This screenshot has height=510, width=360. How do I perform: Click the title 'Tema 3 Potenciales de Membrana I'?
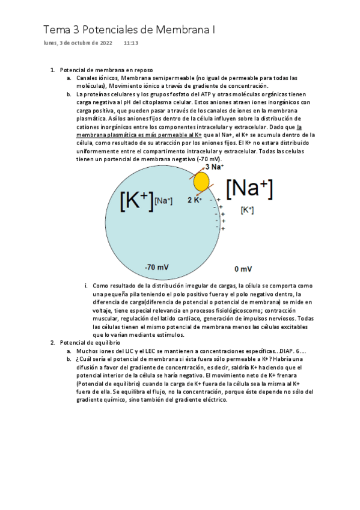pyautogui.click(x=129, y=29)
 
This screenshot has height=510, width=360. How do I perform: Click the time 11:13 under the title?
pyautogui.click(x=131, y=43)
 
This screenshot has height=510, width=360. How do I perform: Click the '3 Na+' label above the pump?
pyautogui.click(x=215, y=167)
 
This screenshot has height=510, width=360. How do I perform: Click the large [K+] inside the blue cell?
pyautogui.click(x=136, y=200)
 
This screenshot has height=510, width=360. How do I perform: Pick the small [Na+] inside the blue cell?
pyautogui.click(x=163, y=201)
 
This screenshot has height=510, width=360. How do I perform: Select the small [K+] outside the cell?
pyautogui.click(x=247, y=210)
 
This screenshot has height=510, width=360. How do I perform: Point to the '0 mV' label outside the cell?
pyautogui.click(x=243, y=269)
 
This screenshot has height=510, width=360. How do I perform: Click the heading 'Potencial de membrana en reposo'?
pyautogui.click(x=107, y=70)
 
